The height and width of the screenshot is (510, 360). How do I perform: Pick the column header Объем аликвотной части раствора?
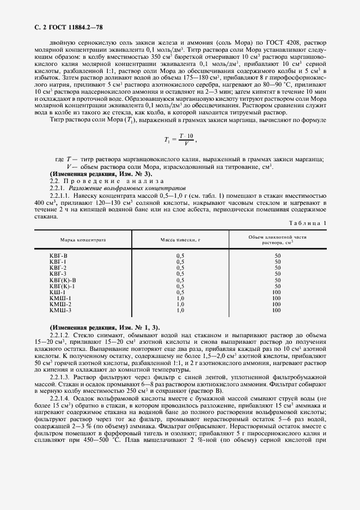[x=278, y=240]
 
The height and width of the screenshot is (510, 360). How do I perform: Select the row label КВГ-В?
[x=58, y=256]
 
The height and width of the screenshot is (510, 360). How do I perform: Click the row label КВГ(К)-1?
[x=62, y=286]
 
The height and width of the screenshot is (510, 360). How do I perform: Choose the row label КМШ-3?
[x=60, y=310]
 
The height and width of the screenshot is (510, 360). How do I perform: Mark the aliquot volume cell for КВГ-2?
[x=278, y=268]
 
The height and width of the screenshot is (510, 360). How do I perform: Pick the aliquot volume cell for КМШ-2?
[x=277, y=304]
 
